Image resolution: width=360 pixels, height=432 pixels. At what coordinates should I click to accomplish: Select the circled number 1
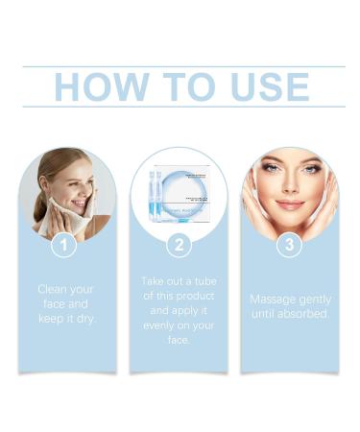[63, 245]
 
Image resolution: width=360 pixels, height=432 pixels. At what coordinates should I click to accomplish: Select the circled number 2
[179, 245]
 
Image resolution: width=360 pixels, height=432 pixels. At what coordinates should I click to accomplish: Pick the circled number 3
[290, 245]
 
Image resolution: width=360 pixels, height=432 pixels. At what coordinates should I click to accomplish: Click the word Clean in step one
[53, 288]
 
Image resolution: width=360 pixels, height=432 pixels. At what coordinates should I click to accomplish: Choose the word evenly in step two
[154, 325]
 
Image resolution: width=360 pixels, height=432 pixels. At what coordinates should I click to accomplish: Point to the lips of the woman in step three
[290, 204]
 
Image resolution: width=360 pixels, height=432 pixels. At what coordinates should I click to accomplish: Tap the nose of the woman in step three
[290, 188]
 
